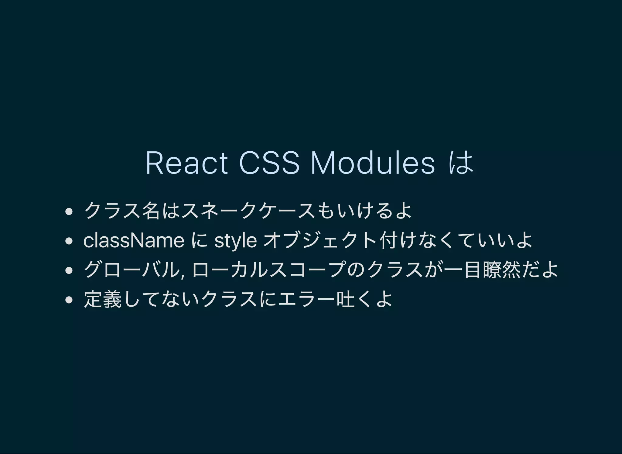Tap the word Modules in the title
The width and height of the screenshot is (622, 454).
click(x=373, y=163)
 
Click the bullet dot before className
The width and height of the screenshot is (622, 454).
click(x=69, y=241)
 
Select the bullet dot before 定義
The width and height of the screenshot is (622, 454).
click(x=69, y=300)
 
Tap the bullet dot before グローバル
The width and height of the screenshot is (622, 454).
click(x=69, y=270)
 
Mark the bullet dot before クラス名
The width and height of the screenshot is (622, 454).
click(x=69, y=212)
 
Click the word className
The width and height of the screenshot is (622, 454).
click(x=134, y=241)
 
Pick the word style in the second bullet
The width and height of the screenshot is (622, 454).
click(x=235, y=241)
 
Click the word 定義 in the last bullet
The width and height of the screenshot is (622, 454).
click(x=103, y=300)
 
